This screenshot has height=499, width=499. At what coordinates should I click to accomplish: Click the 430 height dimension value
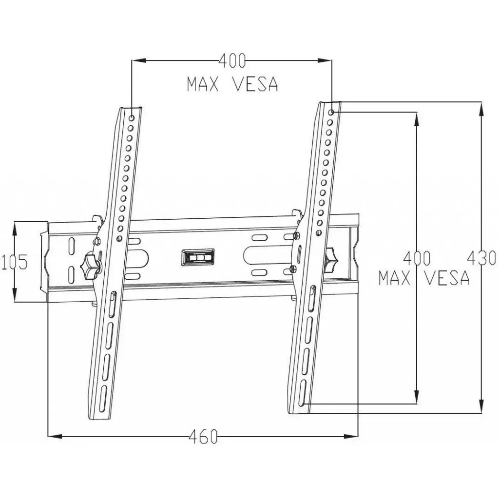pyautogui.click(x=482, y=258)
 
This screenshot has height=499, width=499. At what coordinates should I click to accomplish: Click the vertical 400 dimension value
pyautogui.click(x=417, y=258)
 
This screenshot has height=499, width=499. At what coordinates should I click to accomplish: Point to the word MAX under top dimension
pyautogui.click(x=204, y=84)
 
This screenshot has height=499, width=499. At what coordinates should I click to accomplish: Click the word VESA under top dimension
pyautogui.click(x=255, y=84)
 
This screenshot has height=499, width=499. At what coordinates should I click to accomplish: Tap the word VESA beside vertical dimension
pyautogui.click(x=446, y=278)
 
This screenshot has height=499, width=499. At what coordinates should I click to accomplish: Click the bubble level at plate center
pyautogui.click(x=198, y=257)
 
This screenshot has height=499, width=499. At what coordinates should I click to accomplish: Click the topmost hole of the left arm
pyautogui.click(x=132, y=117)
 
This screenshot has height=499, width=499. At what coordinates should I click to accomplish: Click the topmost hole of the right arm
pyautogui.click(x=331, y=112)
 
